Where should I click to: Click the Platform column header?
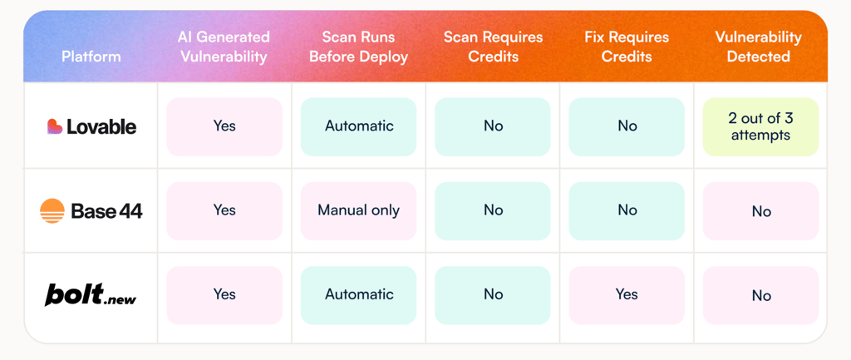click(91, 57)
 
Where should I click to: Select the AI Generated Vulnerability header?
click(224, 47)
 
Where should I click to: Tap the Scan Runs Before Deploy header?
click(358, 47)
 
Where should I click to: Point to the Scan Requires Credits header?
click(493, 47)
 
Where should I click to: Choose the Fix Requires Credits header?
click(627, 47)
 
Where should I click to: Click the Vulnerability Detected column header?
click(758, 47)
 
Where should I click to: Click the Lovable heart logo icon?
click(55, 126)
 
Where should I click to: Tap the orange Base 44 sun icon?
click(52, 210)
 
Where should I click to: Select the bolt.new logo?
click(91, 295)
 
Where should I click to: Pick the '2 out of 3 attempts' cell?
click(760, 127)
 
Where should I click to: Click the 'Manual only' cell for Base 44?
click(358, 210)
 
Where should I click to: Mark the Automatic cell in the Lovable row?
click(358, 127)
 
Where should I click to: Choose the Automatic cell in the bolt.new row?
click(358, 295)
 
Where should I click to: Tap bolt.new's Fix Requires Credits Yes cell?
click(627, 295)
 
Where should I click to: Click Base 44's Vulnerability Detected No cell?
click(760, 210)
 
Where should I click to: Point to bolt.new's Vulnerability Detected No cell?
click(760, 295)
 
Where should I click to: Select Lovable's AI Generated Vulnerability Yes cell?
click(224, 127)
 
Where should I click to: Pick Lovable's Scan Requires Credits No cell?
click(493, 127)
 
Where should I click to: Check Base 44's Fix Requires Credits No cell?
click(627, 210)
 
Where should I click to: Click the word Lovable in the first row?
click(101, 126)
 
